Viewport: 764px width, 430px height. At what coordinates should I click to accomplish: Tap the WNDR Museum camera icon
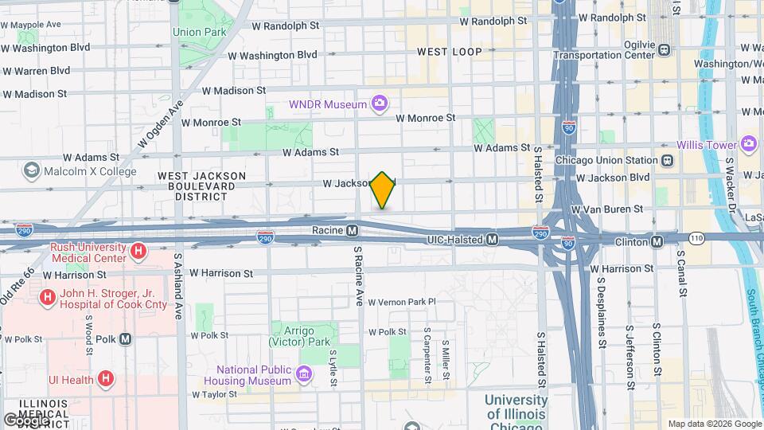tap(380, 104)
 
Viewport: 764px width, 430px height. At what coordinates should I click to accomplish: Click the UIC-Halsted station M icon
tap(493, 239)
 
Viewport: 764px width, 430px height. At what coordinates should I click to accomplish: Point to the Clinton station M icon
tap(657, 241)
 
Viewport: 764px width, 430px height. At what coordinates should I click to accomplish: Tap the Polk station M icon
tap(126, 339)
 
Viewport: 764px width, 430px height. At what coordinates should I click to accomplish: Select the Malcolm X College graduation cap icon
tap(31, 170)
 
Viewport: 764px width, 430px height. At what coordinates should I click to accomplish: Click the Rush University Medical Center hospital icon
tap(139, 252)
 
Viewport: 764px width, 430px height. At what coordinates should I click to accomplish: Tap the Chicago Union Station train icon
tap(667, 160)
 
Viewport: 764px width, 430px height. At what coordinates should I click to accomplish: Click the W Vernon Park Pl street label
tap(401, 302)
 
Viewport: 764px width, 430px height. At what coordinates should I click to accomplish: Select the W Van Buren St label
tap(607, 209)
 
